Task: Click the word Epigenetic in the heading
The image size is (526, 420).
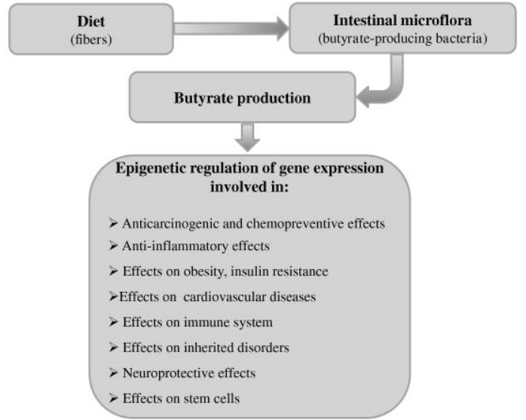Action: [x=149, y=168]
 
